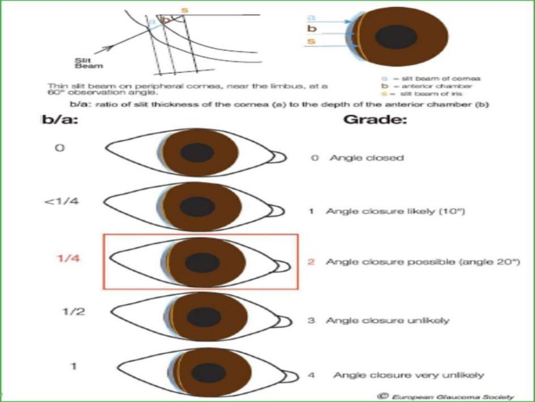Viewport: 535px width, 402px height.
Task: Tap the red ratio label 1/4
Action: point(68,258)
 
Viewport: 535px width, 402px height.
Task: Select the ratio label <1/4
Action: point(61,202)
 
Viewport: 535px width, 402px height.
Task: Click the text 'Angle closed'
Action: point(367,158)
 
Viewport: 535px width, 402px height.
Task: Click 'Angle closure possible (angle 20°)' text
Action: point(423,262)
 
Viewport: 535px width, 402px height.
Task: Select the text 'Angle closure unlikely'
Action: point(387,320)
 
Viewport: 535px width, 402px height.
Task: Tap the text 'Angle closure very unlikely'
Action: point(409,375)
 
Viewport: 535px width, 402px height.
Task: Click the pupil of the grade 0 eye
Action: point(197,153)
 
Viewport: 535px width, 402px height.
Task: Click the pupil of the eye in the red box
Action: point(202,262)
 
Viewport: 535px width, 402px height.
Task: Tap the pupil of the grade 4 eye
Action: point(201,373)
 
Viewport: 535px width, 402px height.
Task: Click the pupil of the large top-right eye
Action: point(396,37)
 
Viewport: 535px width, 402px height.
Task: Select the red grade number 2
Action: point(311,262)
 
